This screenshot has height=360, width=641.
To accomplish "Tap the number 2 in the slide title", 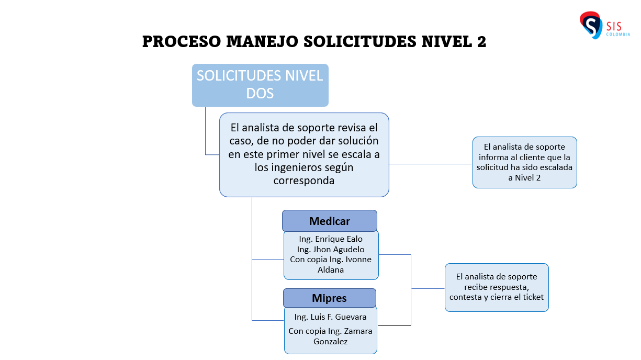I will point(481,42).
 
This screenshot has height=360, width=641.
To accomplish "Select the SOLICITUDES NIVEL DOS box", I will point(260,85).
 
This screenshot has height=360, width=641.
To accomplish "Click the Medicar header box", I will point(330,221).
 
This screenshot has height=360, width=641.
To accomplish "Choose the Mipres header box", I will point(330,298).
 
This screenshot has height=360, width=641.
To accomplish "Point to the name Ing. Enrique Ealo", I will point(331,239).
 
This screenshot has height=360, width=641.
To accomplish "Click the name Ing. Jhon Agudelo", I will point(331,249).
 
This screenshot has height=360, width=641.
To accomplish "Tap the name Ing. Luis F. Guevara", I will point(330,317).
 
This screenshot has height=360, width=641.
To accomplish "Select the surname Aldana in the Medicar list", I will point(331,270).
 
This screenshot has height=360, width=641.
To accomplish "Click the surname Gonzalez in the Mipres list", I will point(331,341).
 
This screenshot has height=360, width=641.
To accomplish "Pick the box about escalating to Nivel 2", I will point(524,162).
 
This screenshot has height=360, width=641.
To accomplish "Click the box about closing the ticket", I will point(497,287).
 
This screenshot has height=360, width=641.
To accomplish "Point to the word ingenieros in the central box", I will point(297,167).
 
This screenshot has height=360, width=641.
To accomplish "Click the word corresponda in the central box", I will point(304,181).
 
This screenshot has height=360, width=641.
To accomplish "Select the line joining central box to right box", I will point(430,164).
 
